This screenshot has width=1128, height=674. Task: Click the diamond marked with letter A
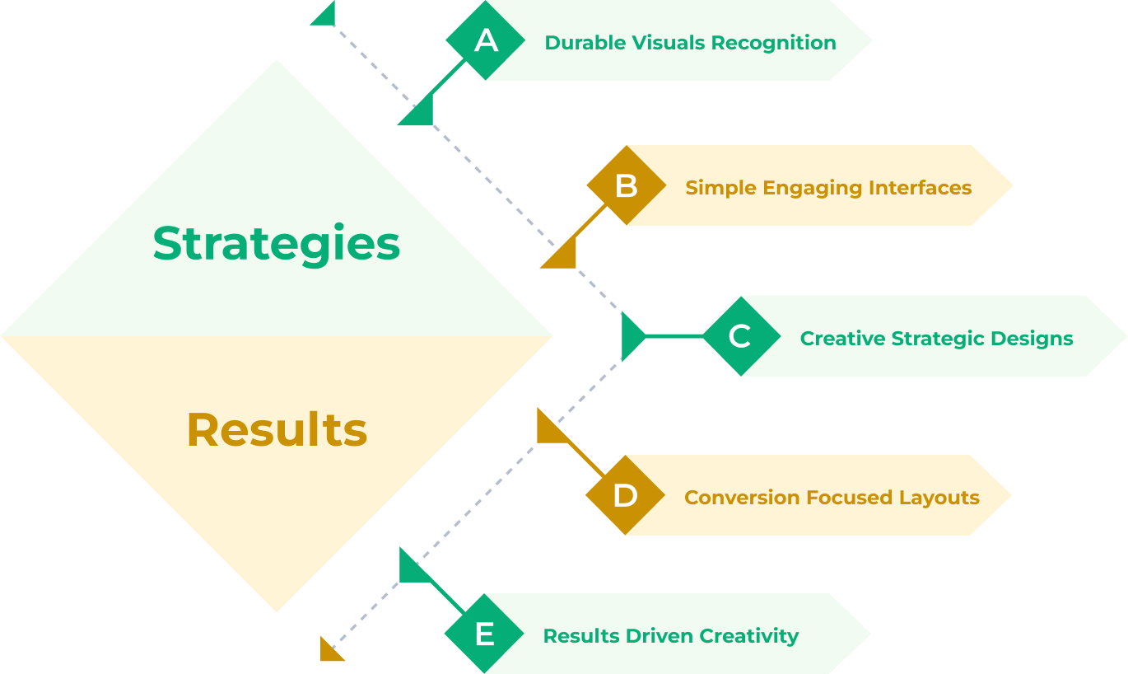point(486,40)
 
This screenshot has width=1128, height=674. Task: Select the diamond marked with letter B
point(626,185)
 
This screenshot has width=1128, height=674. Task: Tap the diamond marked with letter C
point(740,336)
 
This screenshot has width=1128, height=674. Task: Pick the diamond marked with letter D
point(625,495)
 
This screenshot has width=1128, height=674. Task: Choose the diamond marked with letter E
point(484,634)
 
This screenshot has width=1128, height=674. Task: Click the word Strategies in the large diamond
point(277,244)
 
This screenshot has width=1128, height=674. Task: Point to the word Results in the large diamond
point(277,430)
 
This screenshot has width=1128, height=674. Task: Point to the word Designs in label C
point(1032,339)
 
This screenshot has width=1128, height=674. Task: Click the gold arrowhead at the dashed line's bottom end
point(331,650)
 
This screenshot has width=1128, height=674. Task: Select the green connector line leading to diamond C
point(674,336)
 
